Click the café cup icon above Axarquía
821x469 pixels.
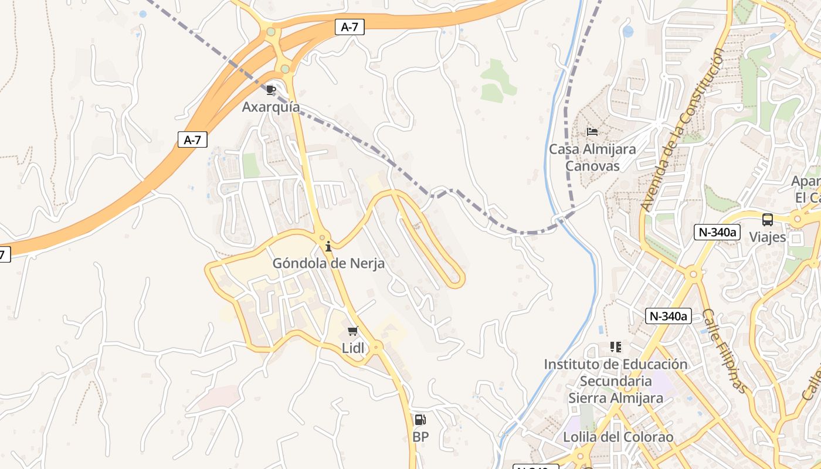coord(270,90)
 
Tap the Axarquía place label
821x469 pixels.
coord(271,107)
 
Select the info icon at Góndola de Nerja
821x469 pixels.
coord(328,246)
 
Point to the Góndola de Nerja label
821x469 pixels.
coord(328,263)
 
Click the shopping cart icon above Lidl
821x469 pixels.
coord(352,331)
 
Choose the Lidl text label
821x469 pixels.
coord(353,348)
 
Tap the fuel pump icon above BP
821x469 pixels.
coord(420,419)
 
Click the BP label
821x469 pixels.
coord(420,437)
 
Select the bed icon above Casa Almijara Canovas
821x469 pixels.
coord(592,132)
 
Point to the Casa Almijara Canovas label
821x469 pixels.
coord(592,158)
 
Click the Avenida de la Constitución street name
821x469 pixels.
coord(682,130)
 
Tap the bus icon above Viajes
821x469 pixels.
coord(768,220)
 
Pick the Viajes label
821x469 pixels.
coord(768,237)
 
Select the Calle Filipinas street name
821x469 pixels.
coord(725,351)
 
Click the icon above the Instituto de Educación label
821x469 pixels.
coord(615,347)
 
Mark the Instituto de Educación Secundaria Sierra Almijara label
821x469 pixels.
coord(616,381)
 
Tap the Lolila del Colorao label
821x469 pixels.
coord(618,437)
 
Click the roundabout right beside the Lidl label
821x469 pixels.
coord(376,347)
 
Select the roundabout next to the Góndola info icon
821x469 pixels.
coord(321,238)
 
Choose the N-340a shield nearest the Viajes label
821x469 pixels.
coord(716,232)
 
